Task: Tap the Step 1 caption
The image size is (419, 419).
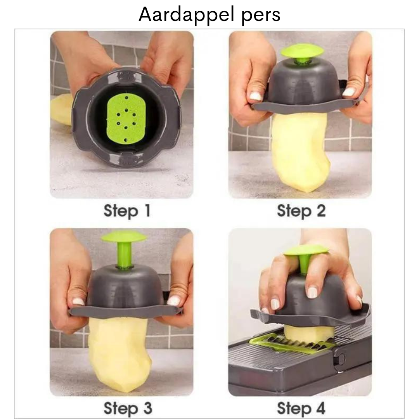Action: tap(127, 211)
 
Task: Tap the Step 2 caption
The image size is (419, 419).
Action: tap(301, 211)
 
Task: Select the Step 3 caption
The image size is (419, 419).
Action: tap(128, 408)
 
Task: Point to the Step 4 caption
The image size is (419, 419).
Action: tap(301, 408)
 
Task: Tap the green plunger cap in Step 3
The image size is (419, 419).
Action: tap(123, 237)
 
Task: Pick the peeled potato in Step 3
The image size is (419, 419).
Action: tap(120, 353)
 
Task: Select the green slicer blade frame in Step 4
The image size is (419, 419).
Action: tap(291, 343)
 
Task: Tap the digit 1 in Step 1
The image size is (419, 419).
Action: tap(147, 211)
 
